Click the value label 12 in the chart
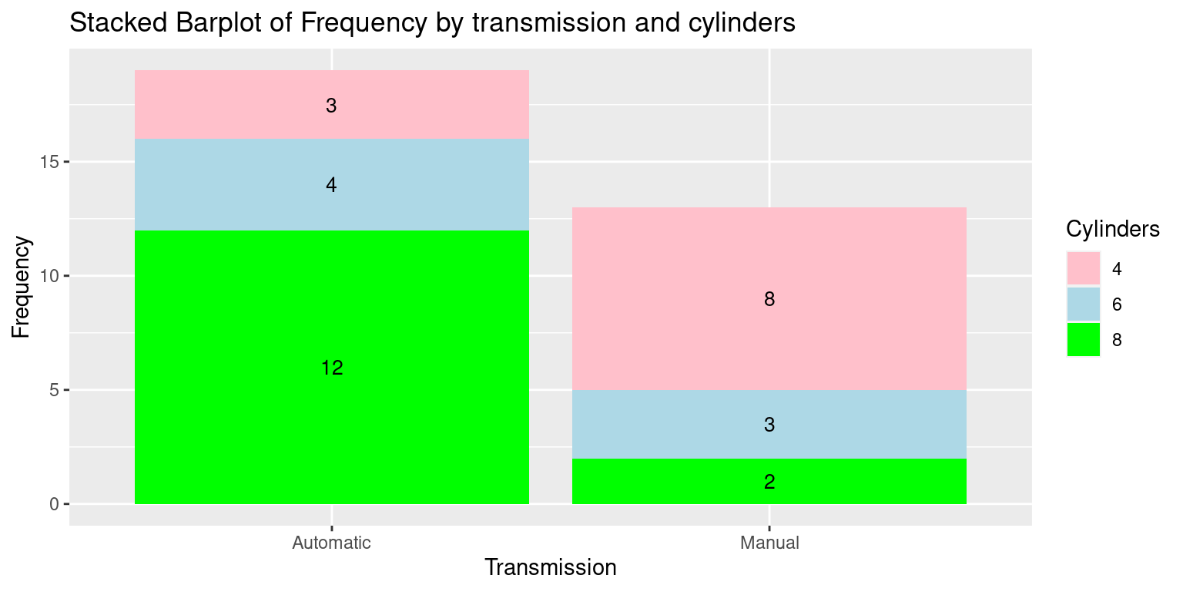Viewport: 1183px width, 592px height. (x=332, y=368)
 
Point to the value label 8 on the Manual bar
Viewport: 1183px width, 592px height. (x=769, y=300)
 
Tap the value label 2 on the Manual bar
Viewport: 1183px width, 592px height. (x=769, y=482)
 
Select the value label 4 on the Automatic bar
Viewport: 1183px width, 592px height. (x=331, y=185)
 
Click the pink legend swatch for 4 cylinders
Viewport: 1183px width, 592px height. (x=1083, y=268)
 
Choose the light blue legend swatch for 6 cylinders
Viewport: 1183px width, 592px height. (x=1083, y=304)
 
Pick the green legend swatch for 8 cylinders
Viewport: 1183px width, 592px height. (x=1083, y=339)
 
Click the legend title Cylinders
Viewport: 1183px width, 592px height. (x=1113, y=230)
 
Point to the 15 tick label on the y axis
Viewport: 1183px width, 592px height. (x=49, y=162)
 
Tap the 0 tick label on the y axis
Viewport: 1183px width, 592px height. (x=55, y=504)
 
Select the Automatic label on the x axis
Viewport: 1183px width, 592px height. (x=332, y=543)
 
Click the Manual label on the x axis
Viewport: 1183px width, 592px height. (x=769, y=543)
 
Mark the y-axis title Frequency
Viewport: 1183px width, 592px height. (x=21, y=287)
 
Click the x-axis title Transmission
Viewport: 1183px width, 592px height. (x=551, y=567)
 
